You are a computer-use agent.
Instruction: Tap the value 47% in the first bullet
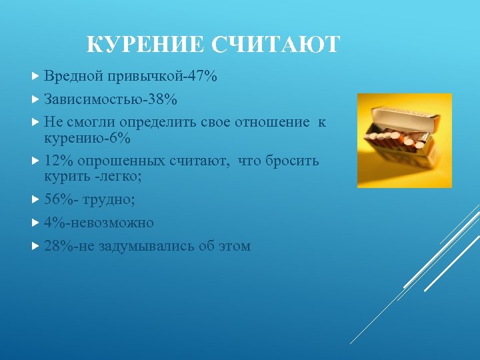[203, 77]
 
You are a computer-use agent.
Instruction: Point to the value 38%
[163, 99]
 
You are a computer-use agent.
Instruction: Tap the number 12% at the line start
[59, 161]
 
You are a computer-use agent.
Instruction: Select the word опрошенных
[123, 161]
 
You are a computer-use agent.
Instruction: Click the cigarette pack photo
[405, 141]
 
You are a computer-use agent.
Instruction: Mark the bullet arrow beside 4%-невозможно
[36, 223]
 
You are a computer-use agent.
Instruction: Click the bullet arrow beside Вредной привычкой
[36, 77]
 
